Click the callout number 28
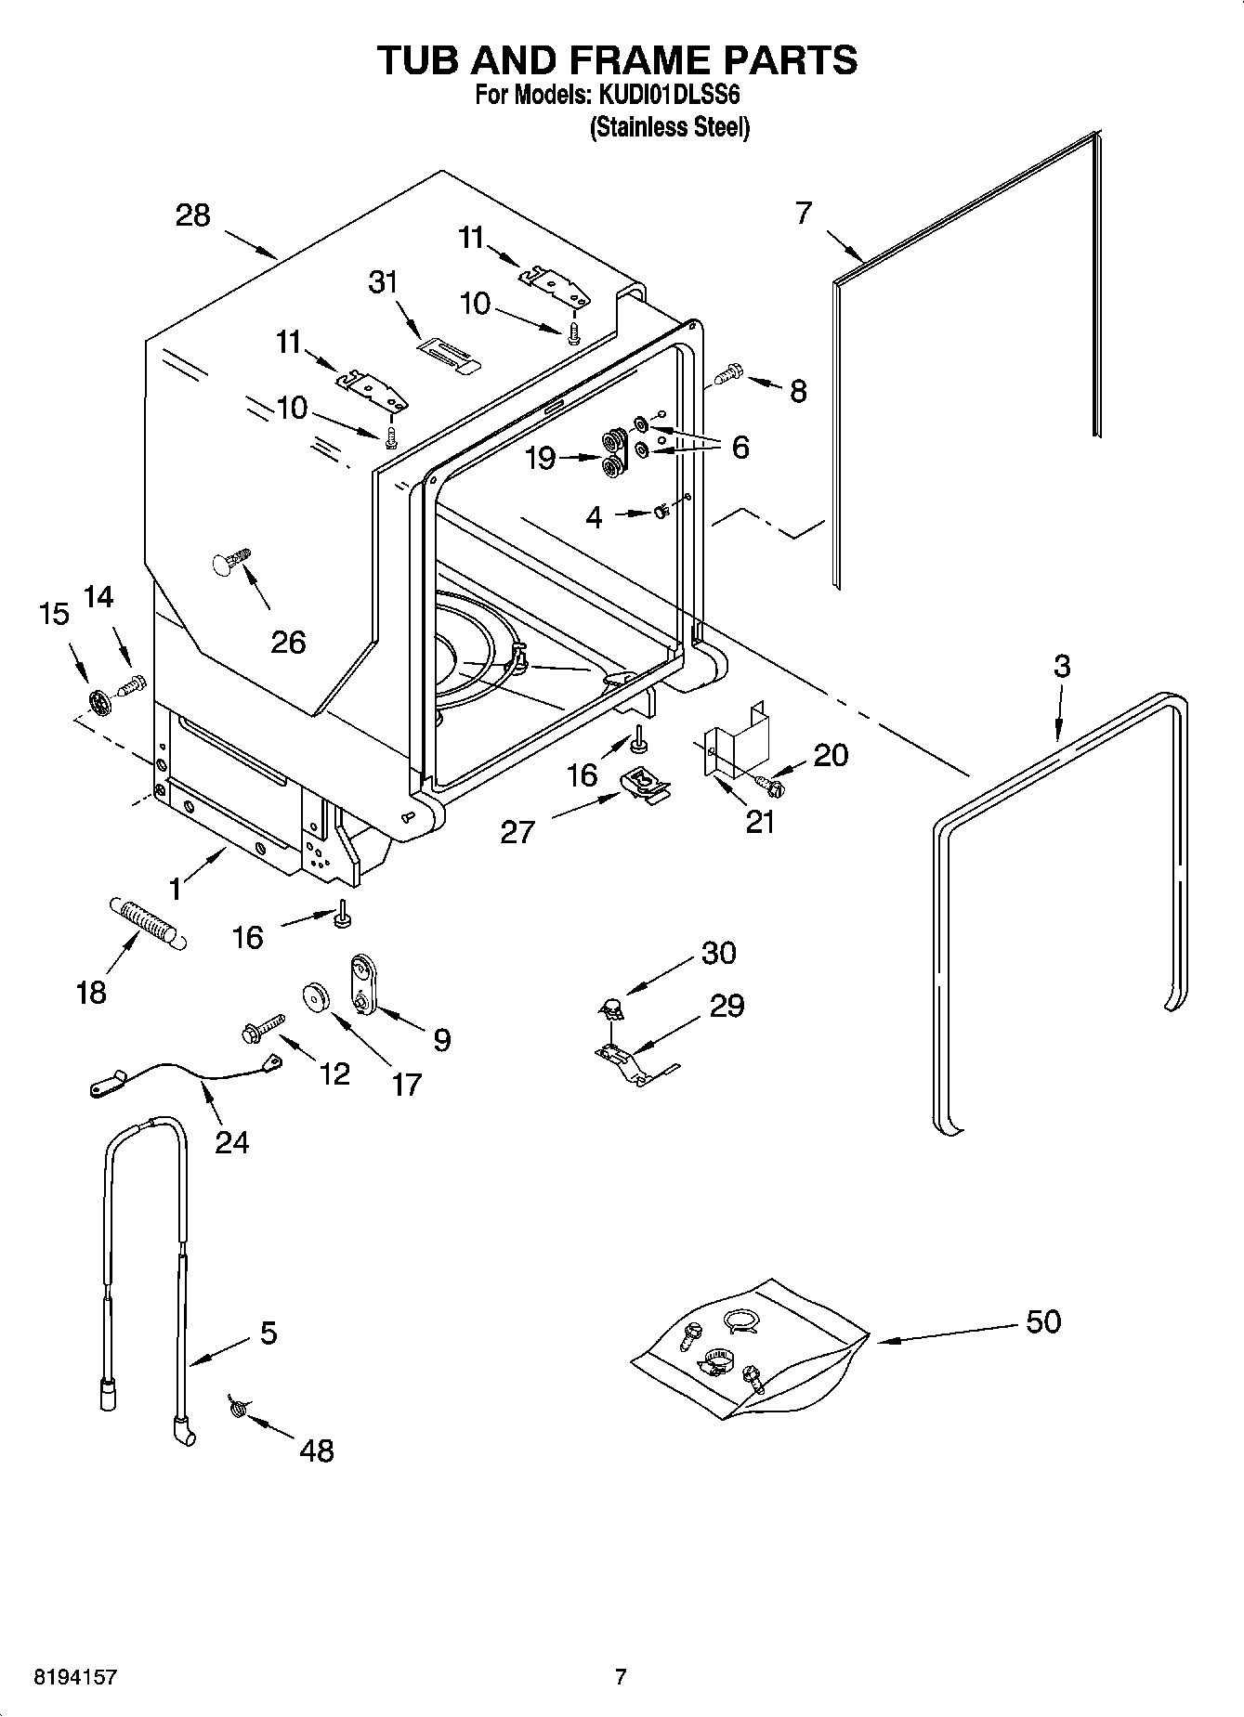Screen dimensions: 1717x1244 click(x=193, y=215)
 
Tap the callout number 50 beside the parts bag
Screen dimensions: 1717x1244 click(x=1043, y=1321)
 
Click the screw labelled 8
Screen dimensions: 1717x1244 click(x=727, y=373)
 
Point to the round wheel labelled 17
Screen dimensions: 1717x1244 click(x=317, y=998)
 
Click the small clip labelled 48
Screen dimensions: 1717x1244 click(x=237, y=1409)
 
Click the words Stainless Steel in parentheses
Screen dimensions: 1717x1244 click(x=669, y=127)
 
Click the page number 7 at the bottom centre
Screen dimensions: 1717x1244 click(x=622, y=1677)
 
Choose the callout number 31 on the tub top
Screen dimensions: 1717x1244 click(x=383, y=281)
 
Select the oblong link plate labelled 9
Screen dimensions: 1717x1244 click(x=360, y=987)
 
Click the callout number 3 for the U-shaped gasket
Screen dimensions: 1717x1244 click(x=1062, y=666)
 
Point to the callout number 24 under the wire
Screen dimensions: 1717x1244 click(x=231, y=1141)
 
